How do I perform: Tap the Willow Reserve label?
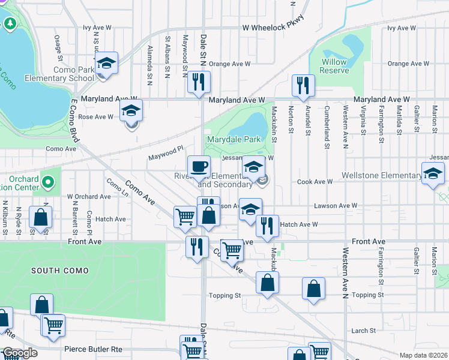(334, 66)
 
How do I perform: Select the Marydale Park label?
(234, 139)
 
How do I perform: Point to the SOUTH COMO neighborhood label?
(61, 271)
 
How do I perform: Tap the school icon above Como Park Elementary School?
(106, 64)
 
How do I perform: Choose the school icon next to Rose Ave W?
(131, 112)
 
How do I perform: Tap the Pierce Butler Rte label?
(93, 348)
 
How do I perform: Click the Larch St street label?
(363, 331)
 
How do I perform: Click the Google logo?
(20, 353)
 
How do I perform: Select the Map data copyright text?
(423, 355)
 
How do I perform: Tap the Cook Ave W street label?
(315, 182)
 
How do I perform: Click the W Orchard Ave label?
(89, 196)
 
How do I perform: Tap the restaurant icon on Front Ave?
(196, 246)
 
